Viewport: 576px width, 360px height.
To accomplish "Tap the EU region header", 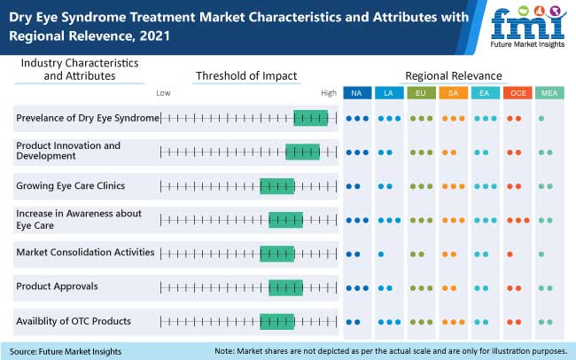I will pyautogui.click(x=421, y=93).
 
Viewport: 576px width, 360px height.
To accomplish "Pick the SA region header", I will pyautogui.click(x=453, y=93).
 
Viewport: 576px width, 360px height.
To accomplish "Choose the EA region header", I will pyautogui.click(x=485, y=93).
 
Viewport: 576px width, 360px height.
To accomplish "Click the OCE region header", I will pyautogui.click(x=517, y=93).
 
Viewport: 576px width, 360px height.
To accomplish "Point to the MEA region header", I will pyautogui.click(x=549, y=93).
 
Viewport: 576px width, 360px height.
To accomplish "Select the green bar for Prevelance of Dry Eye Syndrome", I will pyautogui.click(x=310, y=118).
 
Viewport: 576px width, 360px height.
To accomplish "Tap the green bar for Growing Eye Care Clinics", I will pyautogui.click(x=276, y=186).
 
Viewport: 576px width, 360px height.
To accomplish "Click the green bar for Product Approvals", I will pyautogui.click(x=285, y=287).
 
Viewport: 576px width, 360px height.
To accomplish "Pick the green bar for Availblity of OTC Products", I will pyautogui.click(x=276, y=321).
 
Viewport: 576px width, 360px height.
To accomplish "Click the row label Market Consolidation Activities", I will pyautogui.click(x=85, y=253).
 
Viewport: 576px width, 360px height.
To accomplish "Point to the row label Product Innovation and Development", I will pyautogui.click(x=68, y=151).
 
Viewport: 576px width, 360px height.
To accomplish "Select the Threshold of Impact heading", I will pyautogui.click(x=246, y=75).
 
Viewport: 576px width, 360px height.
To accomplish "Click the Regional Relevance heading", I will pyautogui.click(x=453, y=75).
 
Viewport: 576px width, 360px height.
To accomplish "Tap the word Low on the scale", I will pyautogui.click(x=163, y=92).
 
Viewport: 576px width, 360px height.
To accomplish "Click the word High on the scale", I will pyautogui.click(x=329, y=92).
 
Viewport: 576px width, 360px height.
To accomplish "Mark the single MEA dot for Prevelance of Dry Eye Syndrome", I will pyautogui.click(x=541, y=118).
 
